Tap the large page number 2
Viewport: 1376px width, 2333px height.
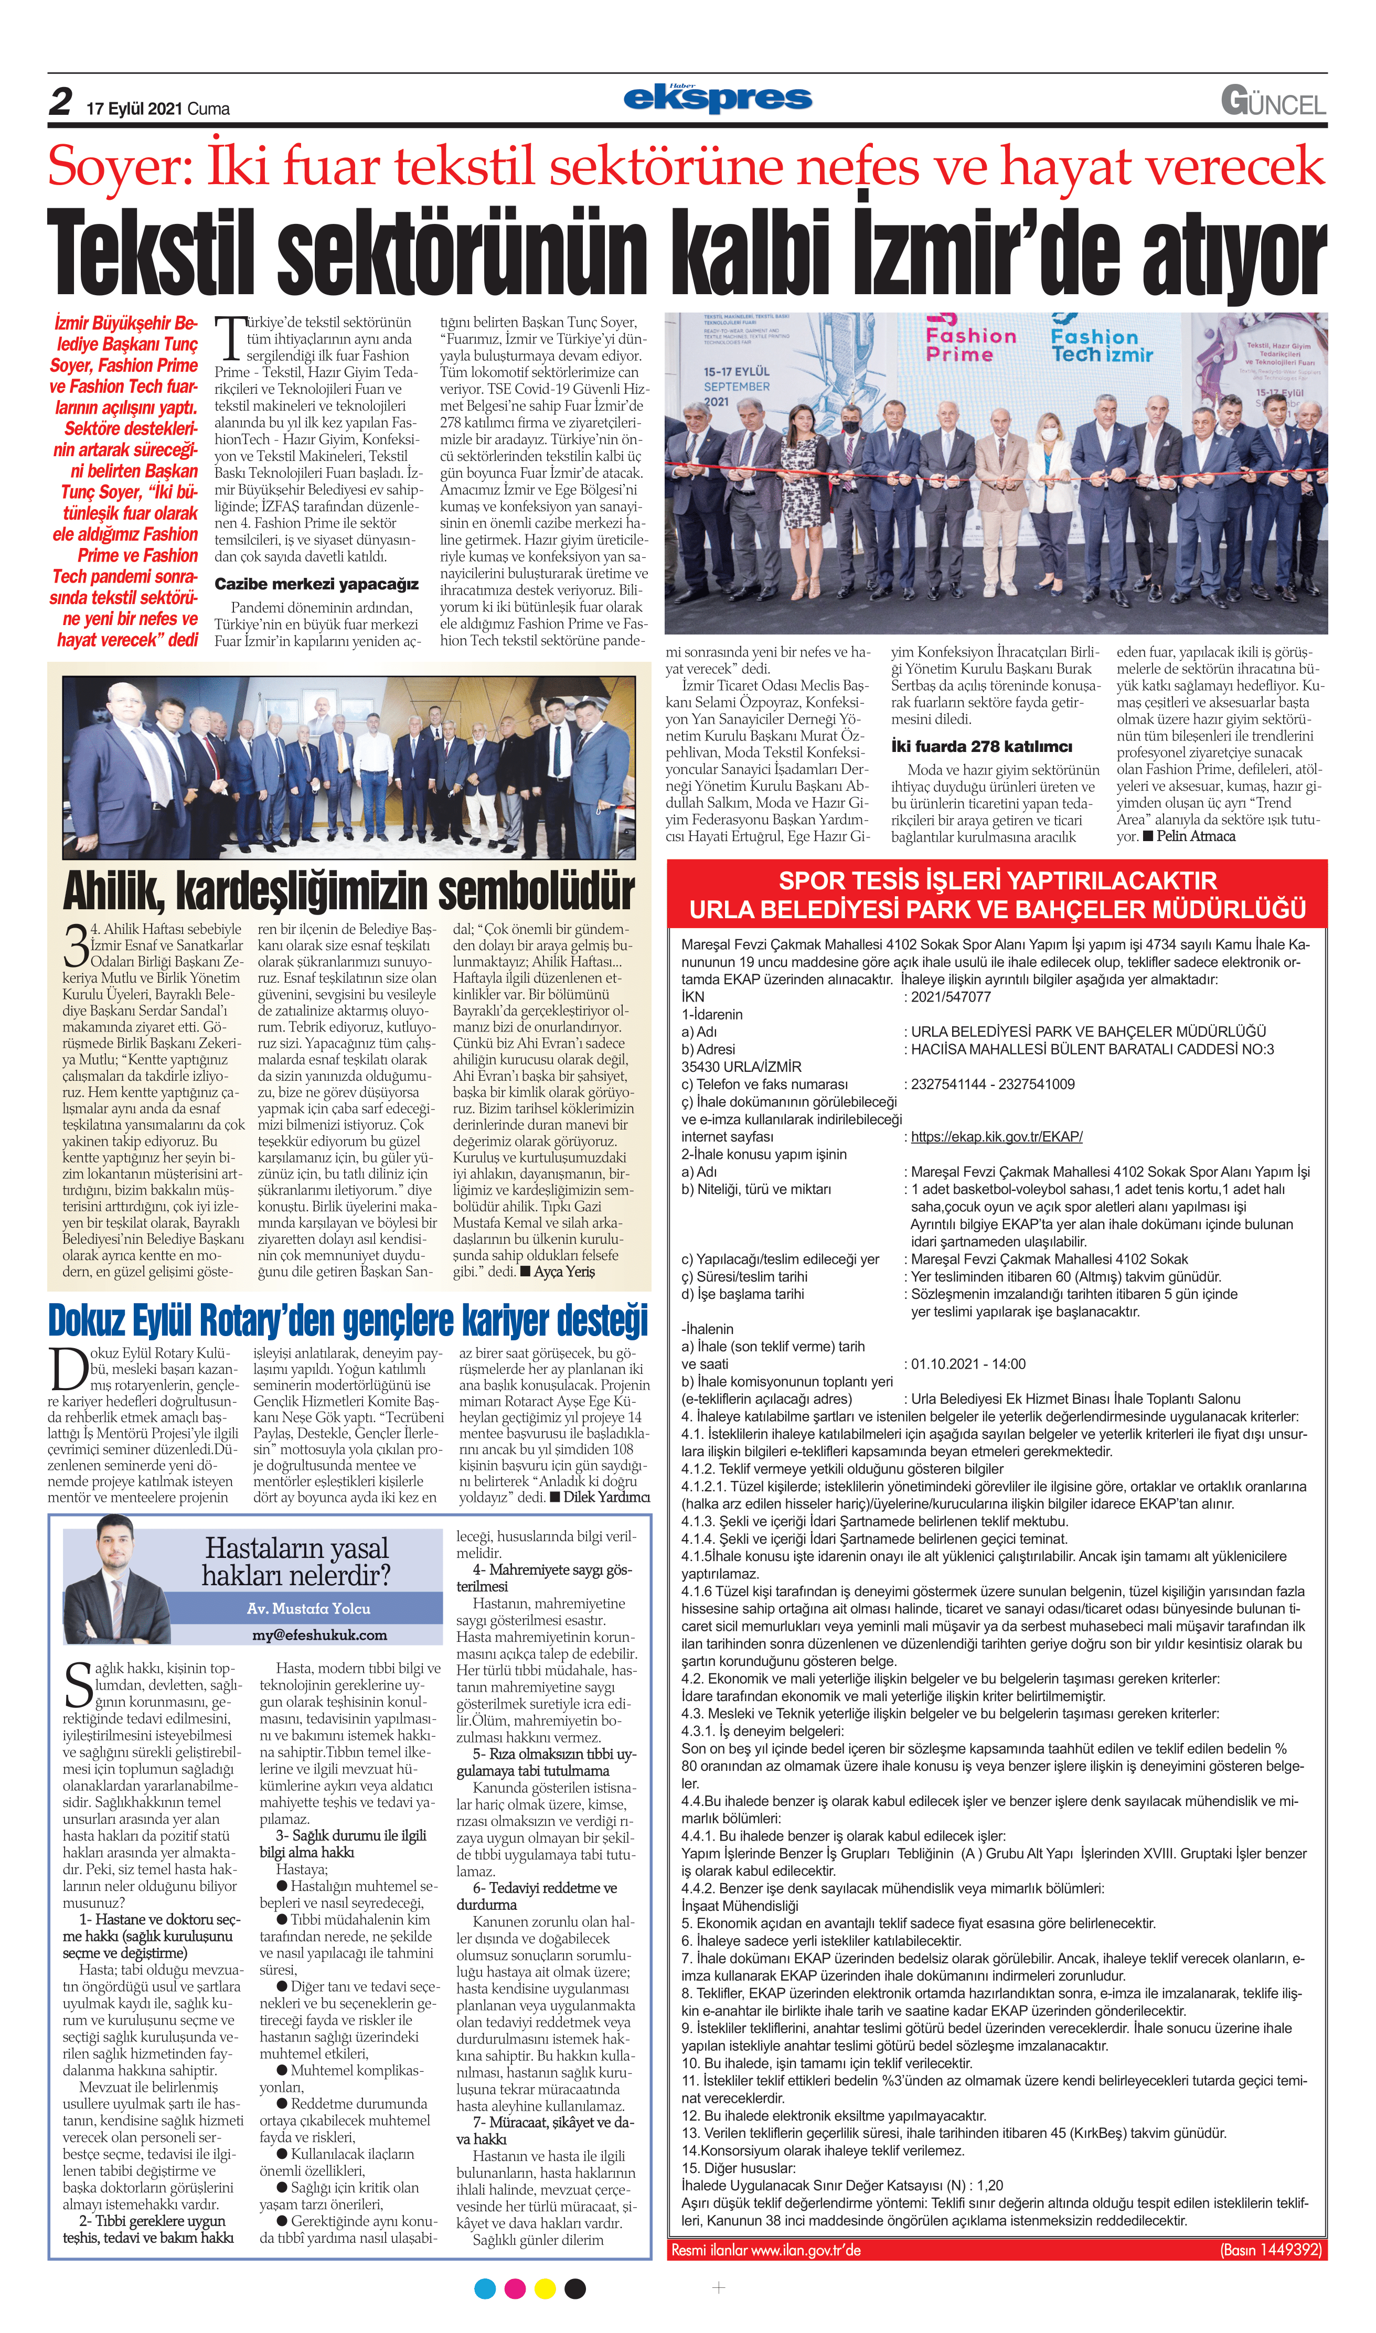pos(60,102)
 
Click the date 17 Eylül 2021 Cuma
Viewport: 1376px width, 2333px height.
pos(157,109)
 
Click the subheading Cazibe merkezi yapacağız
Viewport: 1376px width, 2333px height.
pos(316,584)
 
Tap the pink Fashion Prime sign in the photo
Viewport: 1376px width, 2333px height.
pos(971,345)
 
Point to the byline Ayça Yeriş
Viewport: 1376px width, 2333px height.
pos(564,1272)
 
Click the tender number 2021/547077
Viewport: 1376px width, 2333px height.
pos(951,996)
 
